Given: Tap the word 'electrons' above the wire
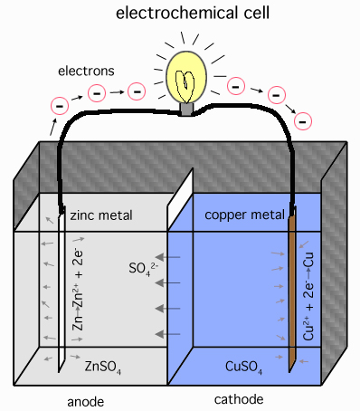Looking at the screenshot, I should point(83,69).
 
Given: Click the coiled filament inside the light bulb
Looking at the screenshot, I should point(187,83).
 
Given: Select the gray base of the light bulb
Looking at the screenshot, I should point(187,109).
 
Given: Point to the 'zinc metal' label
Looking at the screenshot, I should point(100,215).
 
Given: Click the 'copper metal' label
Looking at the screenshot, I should point(245,215).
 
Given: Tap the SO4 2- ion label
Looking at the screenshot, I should point(144,269).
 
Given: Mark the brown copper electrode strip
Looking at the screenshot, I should point(292,290).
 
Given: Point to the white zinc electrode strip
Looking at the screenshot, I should point(60,290).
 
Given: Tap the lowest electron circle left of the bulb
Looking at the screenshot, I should point(60,106).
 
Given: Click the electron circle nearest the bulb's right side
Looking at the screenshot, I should point(235,87).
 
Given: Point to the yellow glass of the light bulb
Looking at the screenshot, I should point(187,68).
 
